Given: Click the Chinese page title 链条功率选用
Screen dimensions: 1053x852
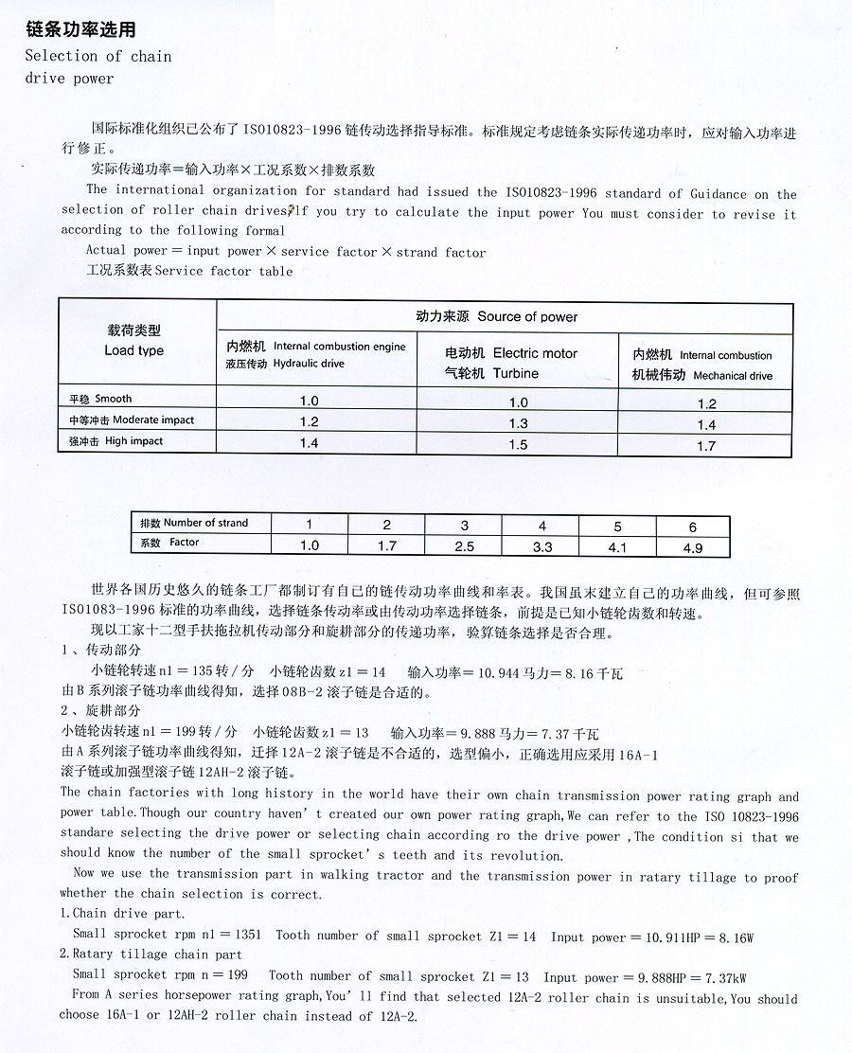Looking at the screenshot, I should point(81,30).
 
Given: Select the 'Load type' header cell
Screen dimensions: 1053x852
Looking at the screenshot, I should point(133,350).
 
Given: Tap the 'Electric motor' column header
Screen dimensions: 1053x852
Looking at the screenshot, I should point(535,353).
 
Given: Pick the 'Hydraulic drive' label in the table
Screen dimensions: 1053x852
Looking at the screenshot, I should point(309,364).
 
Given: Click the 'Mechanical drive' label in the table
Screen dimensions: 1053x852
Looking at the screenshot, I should point(733,376).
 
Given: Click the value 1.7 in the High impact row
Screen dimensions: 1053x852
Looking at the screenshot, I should point(706,446).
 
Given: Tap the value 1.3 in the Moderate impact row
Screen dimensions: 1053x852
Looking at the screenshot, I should point(518,424).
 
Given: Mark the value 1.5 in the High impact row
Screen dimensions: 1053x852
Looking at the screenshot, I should point(518,445).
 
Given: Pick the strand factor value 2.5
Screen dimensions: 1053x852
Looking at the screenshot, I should point(464,546).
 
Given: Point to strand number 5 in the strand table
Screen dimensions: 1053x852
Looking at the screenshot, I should point(618,526).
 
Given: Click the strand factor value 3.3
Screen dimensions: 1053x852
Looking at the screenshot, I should point(542,546).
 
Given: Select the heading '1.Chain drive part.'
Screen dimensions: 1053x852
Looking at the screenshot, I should point(123,914).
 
